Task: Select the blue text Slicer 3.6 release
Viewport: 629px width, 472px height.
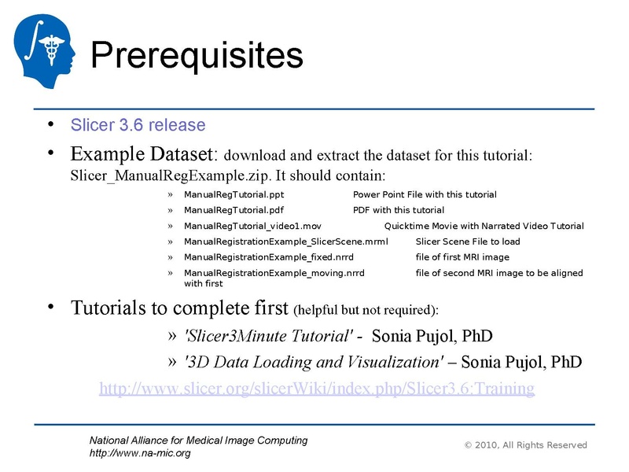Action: tap(138, 125)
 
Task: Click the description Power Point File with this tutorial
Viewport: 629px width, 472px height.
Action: tap(425, 194)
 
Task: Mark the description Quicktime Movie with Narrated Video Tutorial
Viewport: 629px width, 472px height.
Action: tap(484, 226)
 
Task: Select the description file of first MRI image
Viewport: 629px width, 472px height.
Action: tap(462, 257)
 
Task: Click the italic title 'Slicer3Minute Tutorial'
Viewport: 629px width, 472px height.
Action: tap(267, 337)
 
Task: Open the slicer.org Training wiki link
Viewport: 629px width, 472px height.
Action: tap(316, 389)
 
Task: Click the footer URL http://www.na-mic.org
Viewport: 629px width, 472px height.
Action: tap(140, 453)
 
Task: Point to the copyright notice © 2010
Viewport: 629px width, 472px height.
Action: tap(525, 445)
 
